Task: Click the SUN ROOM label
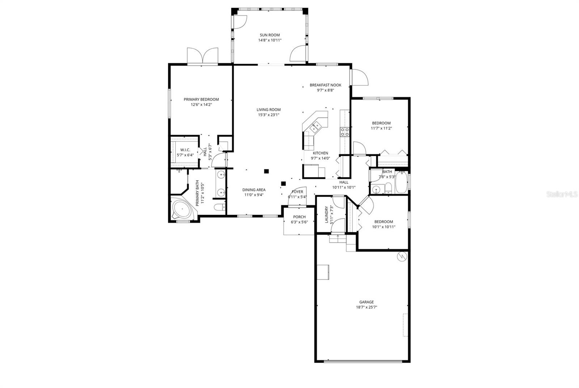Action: tap(270, 35)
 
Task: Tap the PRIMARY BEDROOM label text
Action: tap(201, 100)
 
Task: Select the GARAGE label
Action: tap(367, 302)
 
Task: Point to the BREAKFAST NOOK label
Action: tap(325, 85)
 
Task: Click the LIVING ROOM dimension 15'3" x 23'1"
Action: tap(269, 115)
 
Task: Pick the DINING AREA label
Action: tap(254, 190)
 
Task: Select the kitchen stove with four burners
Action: tap(345, 132)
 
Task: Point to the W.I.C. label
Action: tap(185, 150)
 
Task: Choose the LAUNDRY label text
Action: tap(326, 214)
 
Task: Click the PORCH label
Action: tap(299, 217)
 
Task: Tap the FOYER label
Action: tap(297, 192)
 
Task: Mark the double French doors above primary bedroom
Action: tap(203, 56)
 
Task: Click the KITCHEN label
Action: tap(321, 153)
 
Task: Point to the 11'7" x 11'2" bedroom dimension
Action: tap(381, 128)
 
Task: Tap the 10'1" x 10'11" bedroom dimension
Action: tap(384, 227)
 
